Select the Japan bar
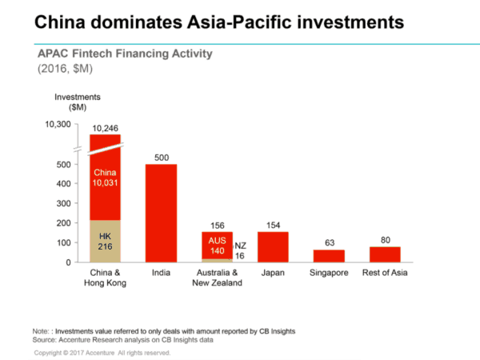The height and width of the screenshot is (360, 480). click(x=272, y=246)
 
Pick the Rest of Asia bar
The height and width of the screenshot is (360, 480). click(x=385, y=254)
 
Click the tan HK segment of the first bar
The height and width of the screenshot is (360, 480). click(x=105, y=241)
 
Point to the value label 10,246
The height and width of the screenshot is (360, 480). click(x=105, y=128)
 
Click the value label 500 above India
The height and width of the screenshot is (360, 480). click(x=161, y=158)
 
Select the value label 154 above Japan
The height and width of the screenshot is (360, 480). click(x=272, y=226)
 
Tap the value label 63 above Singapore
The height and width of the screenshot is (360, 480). click(x=328, y=243)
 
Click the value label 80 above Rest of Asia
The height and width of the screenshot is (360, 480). click(x=385, y=240)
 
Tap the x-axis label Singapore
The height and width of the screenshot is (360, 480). click(x=328, y=274)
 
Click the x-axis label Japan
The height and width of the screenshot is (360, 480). click(x=272, y=274)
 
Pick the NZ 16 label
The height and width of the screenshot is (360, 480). click(x=240, y=250)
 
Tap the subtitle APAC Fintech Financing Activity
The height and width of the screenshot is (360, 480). click(x=125, y=54)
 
